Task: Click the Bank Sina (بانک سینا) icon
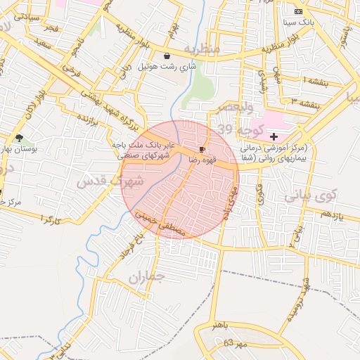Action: [x=298, y=11]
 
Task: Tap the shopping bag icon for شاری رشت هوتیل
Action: [x=167, y=56]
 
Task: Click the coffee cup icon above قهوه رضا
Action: [x=202, y=150]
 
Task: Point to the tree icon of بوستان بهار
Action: [x=19, y=139]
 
